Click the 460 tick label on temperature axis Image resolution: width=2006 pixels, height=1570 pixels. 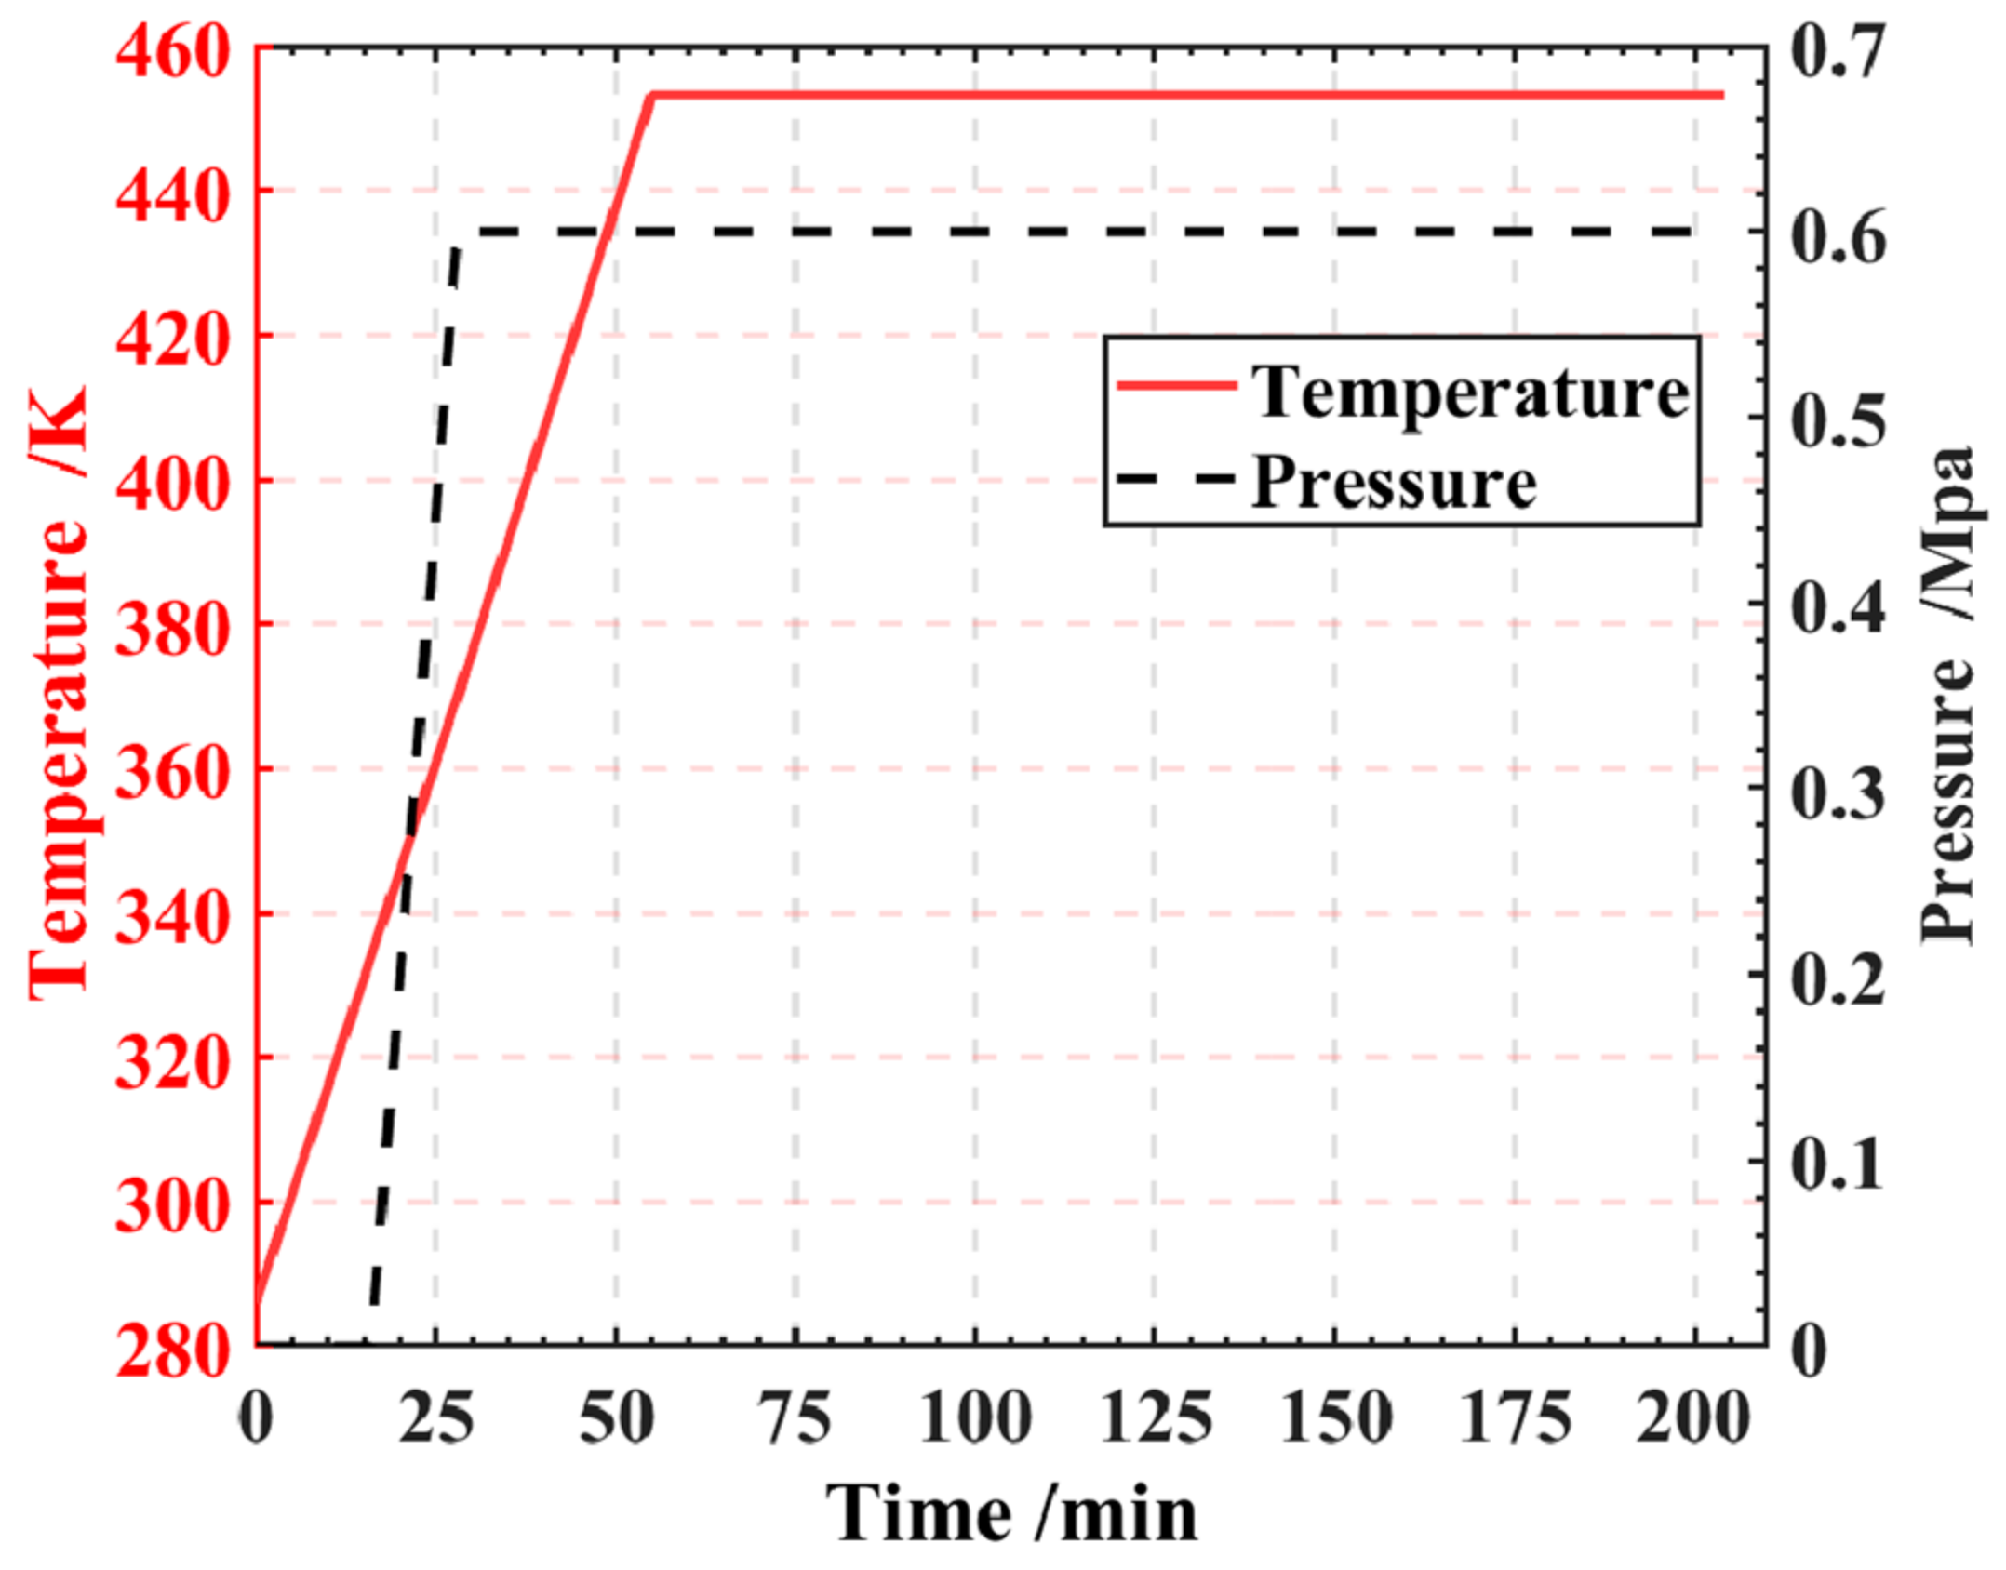tap(172, 52)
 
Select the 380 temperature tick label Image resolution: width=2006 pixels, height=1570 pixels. tap(172, 627)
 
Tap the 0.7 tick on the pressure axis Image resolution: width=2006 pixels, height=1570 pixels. tap(1838, 52)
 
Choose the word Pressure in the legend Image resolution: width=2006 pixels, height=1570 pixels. tap(1393, 483)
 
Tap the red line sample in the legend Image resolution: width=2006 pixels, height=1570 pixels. tap(1177, 385)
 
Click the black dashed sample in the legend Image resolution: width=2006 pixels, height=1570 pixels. tap(1177, 480)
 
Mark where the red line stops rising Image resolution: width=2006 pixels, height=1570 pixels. tap(652, 95)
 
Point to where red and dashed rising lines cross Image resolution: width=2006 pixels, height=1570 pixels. tap(407, 842)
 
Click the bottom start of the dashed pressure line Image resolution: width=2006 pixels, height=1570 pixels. tap(373, 1302)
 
